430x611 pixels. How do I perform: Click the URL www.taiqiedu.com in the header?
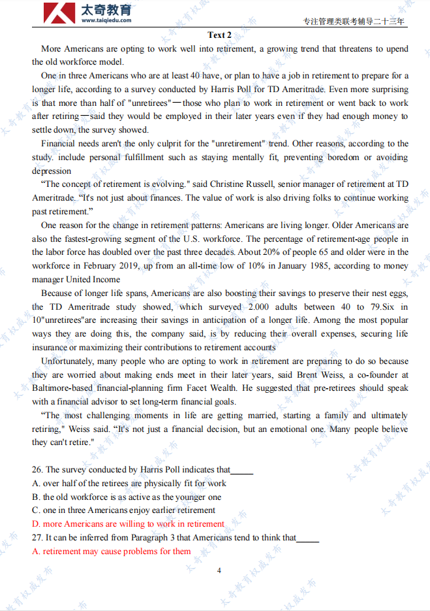106,20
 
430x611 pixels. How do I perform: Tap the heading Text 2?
219,35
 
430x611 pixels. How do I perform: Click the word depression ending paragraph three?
52,171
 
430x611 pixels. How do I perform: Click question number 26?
37,470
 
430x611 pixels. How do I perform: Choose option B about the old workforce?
127,497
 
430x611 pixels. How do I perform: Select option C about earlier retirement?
123,510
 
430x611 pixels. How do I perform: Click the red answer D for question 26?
128,524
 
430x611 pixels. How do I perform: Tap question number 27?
37,538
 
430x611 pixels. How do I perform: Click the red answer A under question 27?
112,552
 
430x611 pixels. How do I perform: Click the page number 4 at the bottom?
219,570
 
